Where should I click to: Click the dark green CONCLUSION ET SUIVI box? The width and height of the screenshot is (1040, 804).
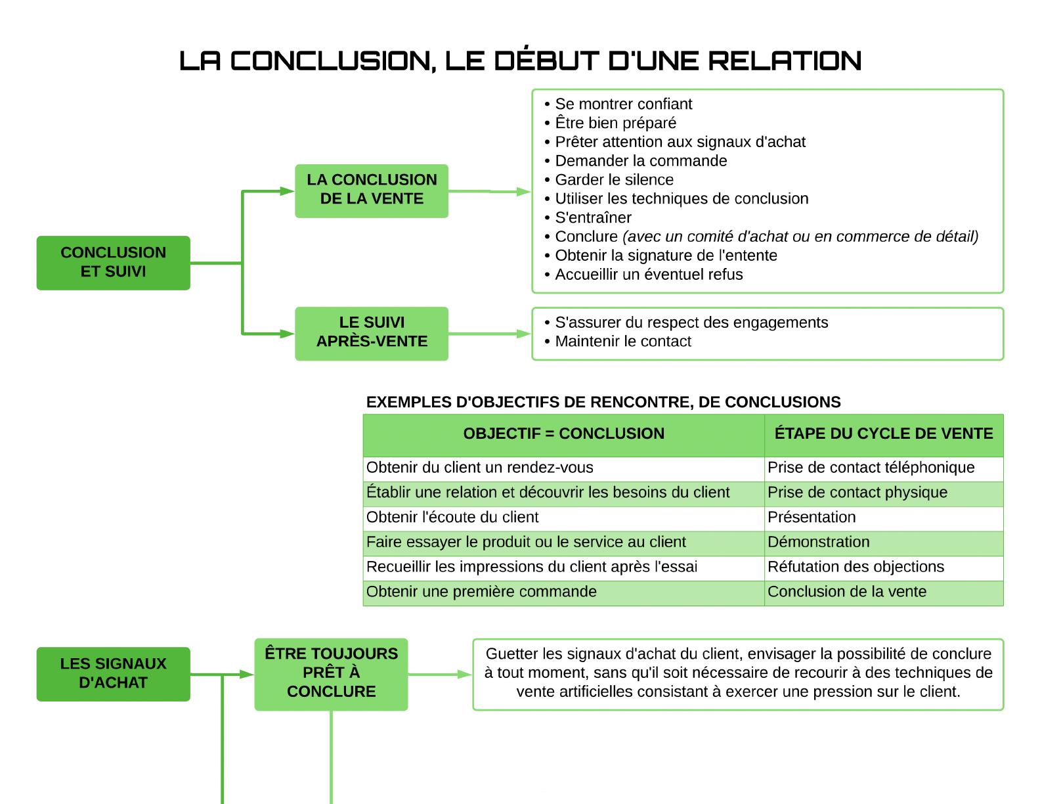[x=114, y=263]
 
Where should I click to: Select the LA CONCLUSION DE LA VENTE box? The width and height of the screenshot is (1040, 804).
[x=372, y=191]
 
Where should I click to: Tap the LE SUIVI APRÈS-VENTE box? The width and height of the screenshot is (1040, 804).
[x=372, y=333]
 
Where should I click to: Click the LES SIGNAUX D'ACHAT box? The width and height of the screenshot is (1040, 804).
[x=114, y=674]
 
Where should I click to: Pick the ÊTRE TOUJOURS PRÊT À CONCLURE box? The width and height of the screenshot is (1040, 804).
[x=331, y=674]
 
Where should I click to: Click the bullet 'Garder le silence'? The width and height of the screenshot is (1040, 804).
[x=609, y=179]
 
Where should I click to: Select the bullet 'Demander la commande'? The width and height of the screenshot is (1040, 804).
[x=636, y=161]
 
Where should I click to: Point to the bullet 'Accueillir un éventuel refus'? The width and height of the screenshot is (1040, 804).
[x=643, y=275]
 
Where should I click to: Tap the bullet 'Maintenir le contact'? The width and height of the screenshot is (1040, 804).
[x=618, y=342]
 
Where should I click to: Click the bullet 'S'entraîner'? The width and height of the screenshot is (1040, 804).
[x=588, y=218]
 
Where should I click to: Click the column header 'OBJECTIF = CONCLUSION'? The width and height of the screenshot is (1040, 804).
[x=564, y=434]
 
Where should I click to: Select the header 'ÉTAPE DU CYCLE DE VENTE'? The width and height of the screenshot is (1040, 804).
[x=884, y=434]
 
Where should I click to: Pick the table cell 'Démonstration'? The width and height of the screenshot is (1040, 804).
[x=818, y=542]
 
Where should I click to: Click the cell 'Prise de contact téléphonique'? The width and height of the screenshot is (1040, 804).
[x=871, y=468]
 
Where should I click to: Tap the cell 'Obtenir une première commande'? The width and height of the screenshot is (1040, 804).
[x=481, y=591]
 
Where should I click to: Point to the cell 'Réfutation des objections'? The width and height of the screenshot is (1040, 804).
[x=856, y=566]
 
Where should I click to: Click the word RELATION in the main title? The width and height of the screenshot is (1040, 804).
[x=785, y=61]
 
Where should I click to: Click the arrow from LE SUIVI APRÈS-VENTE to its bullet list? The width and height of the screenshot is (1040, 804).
[x=490, y=334]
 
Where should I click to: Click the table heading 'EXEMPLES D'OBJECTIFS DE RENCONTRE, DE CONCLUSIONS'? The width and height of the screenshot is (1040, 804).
[x=603, y=402]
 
